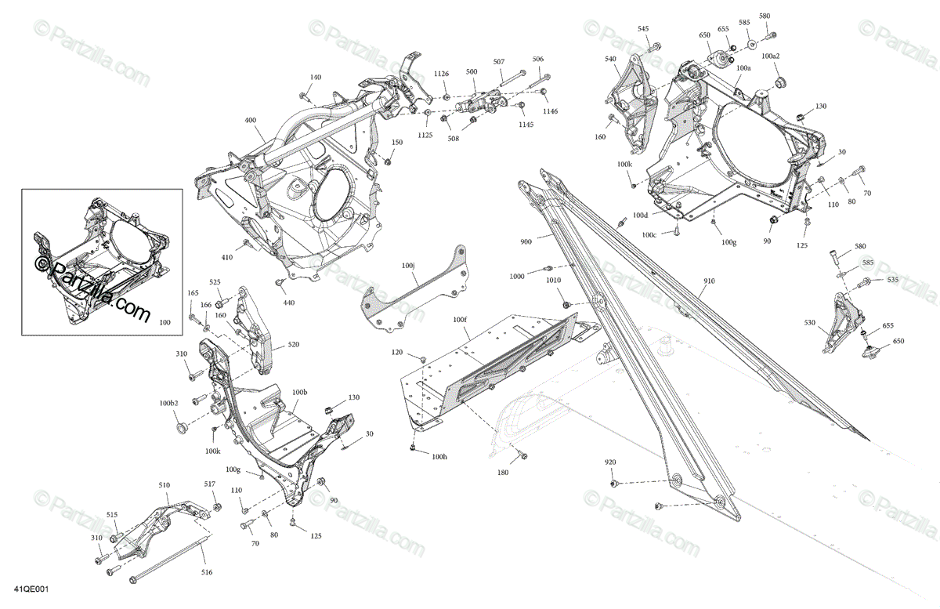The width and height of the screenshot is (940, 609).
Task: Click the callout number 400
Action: coord(250,121)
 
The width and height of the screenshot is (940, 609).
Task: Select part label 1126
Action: coord(443,74)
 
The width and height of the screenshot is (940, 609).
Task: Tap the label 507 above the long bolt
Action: coord(499,62)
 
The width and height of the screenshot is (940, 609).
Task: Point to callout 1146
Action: coord(551,111)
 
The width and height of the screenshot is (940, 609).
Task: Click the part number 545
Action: coord(643,29)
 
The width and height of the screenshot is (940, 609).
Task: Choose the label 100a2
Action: coord(771,56)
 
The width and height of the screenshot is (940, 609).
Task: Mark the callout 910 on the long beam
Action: coord(708,281)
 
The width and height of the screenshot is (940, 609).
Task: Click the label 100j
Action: coord(408,266)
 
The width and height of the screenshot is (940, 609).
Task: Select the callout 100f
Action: coord(460,320)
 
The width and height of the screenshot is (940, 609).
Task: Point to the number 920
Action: coord(611,462)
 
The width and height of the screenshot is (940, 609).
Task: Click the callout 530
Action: coord(809,322)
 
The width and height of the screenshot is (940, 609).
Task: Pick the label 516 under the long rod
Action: coord(206,573)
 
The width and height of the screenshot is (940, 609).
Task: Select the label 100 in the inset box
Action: coord(164,321)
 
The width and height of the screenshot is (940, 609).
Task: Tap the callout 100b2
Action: coord(169,403)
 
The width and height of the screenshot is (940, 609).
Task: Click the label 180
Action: coord(503,473)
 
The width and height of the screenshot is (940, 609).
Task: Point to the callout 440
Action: coord(289,303)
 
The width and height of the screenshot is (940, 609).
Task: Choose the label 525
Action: coord(215,282)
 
